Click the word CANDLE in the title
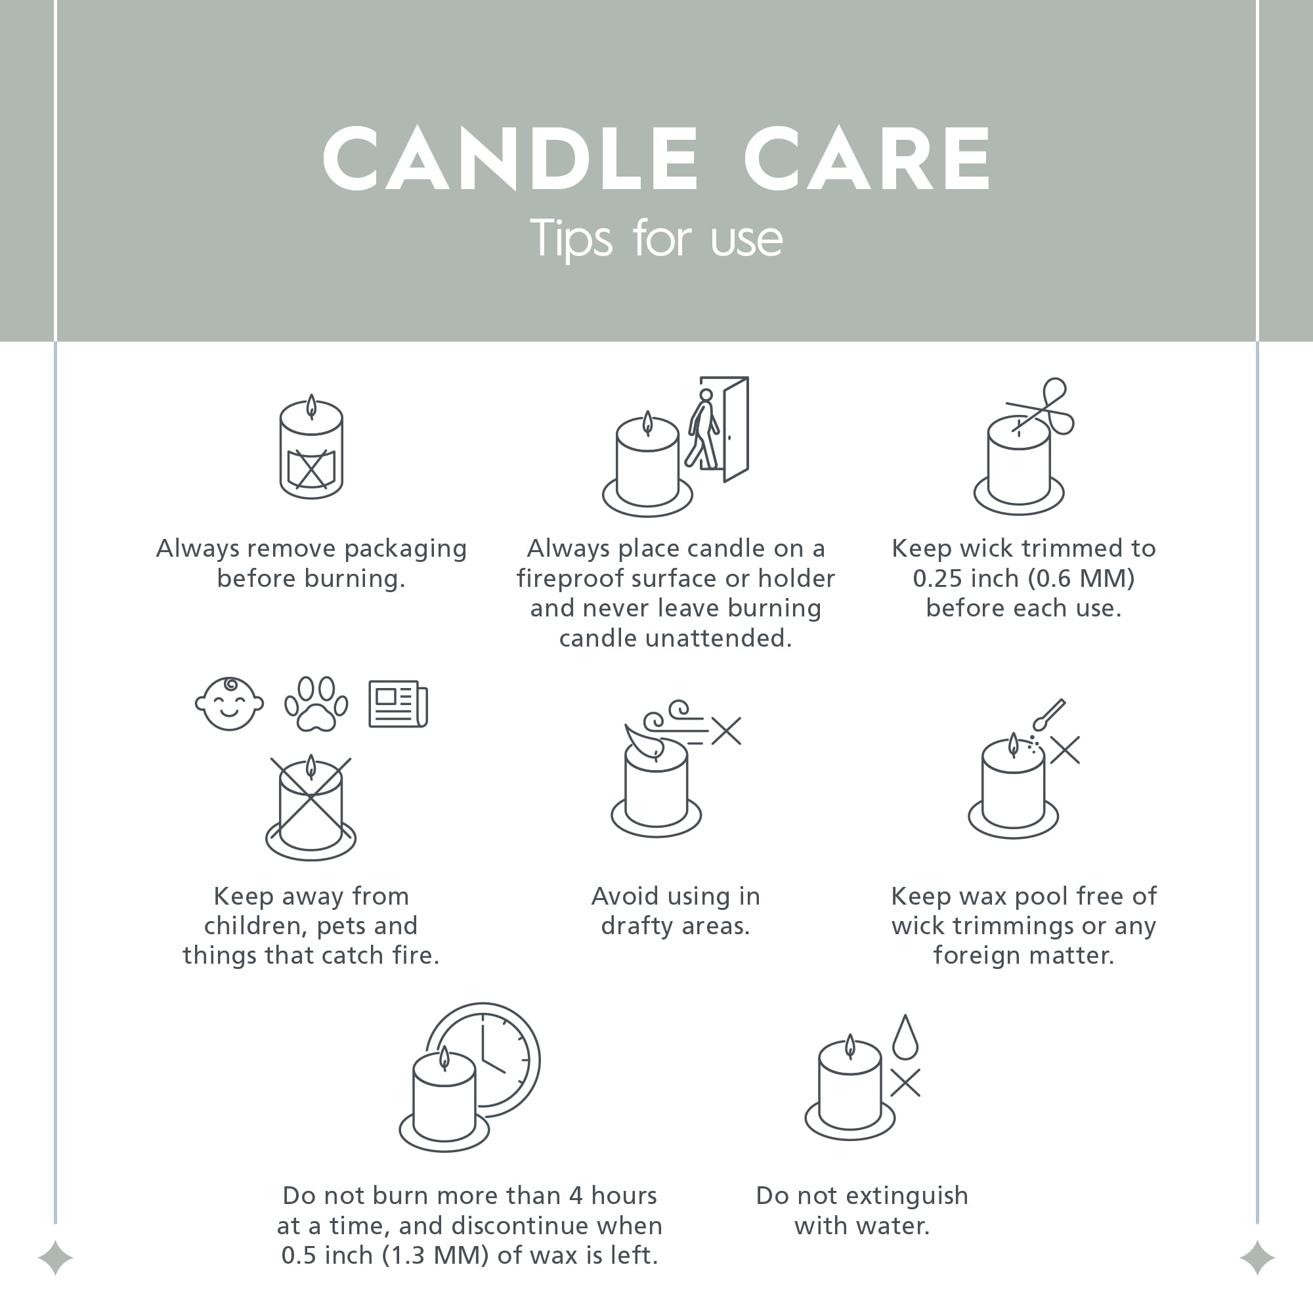510,158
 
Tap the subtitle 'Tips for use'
656,238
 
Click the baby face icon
229,704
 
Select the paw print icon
316,704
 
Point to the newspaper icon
398,704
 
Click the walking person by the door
702,429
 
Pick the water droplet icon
905,1037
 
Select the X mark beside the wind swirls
727,731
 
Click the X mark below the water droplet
905,1083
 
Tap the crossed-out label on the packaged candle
311,468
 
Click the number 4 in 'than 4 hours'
576,1195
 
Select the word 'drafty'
638,926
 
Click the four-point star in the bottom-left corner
56,1258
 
